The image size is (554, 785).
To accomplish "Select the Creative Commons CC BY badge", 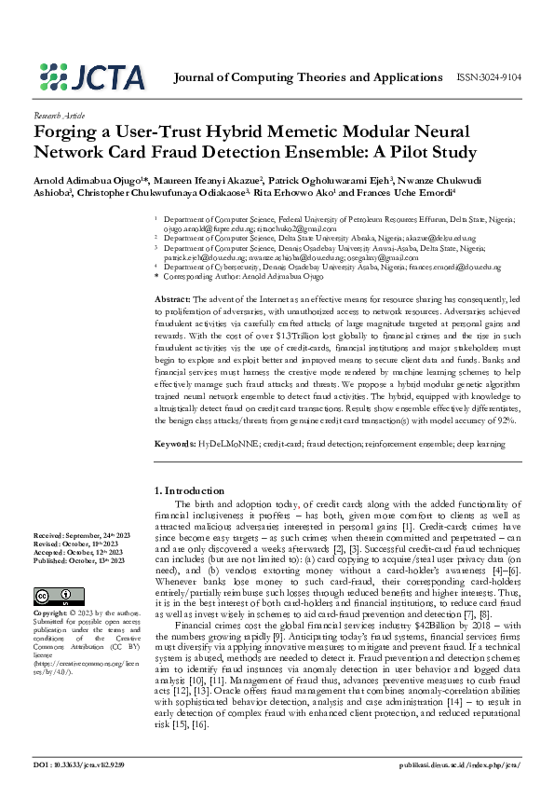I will pos(51,597).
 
